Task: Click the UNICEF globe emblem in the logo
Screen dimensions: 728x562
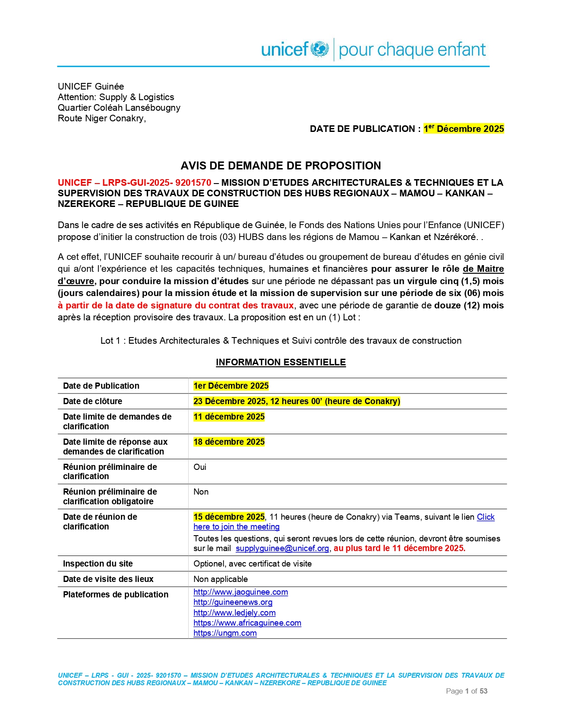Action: click(x=320, y=49)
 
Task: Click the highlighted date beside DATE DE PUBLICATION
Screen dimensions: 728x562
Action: click(x=463, y=129)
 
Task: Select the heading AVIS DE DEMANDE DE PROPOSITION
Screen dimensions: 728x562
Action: click(x=281, y=166)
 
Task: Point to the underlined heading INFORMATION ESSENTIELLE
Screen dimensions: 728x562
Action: click(x=281, y=362)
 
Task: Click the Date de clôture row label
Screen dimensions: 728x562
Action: click(x=93, y=401)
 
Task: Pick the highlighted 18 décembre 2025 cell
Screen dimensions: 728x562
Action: click(x=229, y=442)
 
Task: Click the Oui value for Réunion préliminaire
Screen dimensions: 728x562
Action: click(x=200, y=467)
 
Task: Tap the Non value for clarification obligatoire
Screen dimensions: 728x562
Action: click(x=201, y=492)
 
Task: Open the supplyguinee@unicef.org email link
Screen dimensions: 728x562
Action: click(x=282, y=548)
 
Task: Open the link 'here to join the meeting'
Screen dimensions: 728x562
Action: click(x=236, y=527)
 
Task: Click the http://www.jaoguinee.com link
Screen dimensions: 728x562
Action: click(x=241, y=592)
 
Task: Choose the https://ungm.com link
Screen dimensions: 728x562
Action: click(x=225, y=633)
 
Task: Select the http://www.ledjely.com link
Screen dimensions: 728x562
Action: click(x=234, y=613)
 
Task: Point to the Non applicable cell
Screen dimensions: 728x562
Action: click(x=220, y=579)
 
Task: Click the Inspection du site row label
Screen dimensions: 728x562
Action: click(x=98, y=563)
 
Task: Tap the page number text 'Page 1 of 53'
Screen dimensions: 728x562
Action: click(x=466, y=691)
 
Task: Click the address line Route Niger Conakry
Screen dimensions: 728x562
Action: click(x=101, y=118)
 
